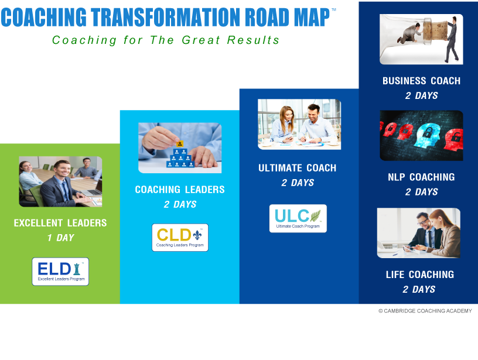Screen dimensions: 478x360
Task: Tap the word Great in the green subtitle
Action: (201, 40)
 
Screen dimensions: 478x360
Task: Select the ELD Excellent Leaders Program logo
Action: (60, 272)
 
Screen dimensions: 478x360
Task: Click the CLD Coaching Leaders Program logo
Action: (180, 238)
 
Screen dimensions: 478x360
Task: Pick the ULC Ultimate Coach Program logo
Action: (298, 218)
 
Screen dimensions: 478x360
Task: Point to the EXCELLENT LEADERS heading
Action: (60, 223)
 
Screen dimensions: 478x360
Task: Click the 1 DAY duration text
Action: (61, 238)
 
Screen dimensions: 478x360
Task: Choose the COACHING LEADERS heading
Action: (180, 190)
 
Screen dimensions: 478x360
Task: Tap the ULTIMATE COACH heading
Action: (298, 168)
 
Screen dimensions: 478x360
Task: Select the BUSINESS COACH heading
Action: (422, 81)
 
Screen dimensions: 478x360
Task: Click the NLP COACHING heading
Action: (421, 177)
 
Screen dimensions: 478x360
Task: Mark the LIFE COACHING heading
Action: (420, 275)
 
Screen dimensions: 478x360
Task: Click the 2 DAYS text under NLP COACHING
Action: (422, 191)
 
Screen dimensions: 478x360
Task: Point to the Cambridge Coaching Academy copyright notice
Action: (425, 311)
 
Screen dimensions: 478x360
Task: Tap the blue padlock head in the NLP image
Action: (428, 135)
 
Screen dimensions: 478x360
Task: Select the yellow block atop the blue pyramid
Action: (180, 144)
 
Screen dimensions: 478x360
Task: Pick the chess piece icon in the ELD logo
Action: (77, 269)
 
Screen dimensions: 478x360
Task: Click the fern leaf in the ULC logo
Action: (316, 215)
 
